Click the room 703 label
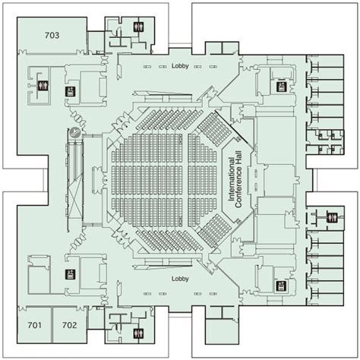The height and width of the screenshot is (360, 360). pyautogui.click(x=52, y=35)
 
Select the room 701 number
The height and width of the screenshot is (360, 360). pyautogui.click(x=34, y=325)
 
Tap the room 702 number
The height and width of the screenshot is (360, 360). pyautogui.click(x=70, y=325)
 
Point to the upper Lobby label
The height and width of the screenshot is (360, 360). pyautogui.click(x=180, y=65)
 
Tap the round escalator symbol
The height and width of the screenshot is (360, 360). pyautogui.click(x=76, y=133)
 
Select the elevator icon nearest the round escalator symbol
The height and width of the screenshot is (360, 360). pyautogui.click(x=70, y=93)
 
